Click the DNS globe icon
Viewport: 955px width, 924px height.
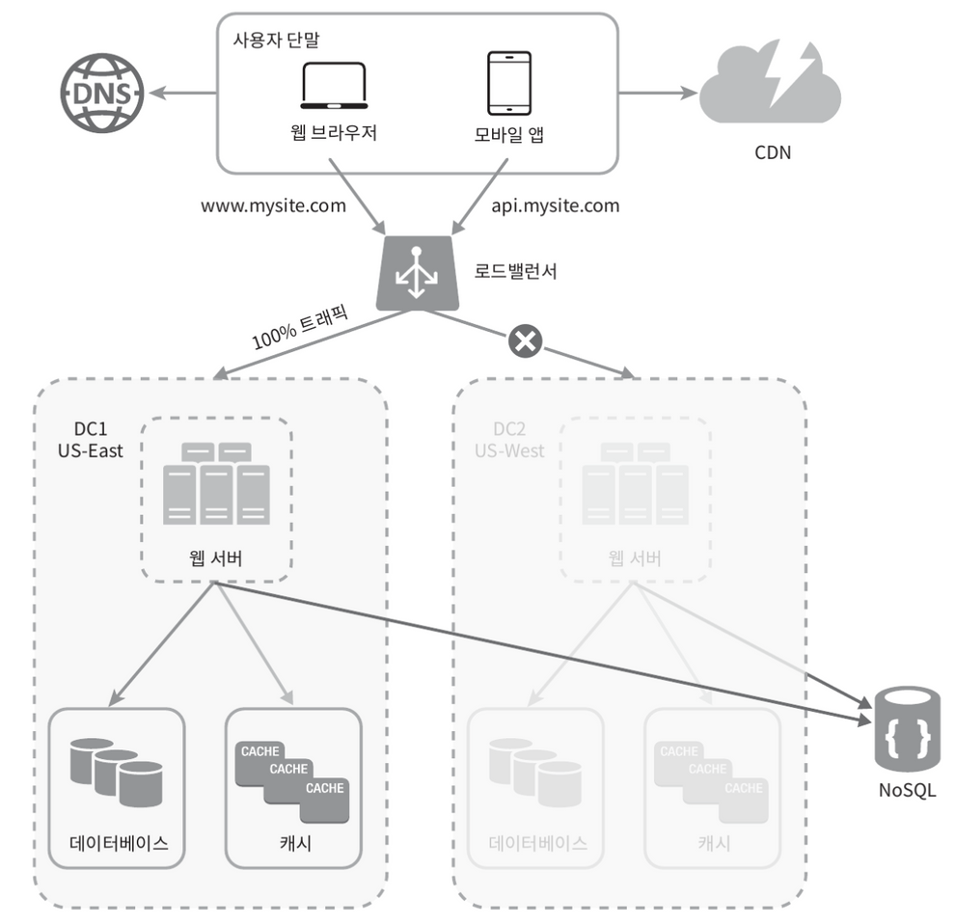[102, 93]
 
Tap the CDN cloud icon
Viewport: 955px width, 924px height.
[771, 84]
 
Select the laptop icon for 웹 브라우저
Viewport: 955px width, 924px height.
[334, 86]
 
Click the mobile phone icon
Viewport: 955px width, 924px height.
[509, 84]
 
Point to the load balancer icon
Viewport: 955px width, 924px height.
[417, 274]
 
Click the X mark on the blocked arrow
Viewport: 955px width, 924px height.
[525, 340]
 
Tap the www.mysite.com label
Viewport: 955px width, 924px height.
[273, 205]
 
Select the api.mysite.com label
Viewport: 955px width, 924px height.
[556, 205]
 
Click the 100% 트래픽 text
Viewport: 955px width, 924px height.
[300, 327]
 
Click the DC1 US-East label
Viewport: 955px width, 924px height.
[90, 440]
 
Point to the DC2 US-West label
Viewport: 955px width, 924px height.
[509, 440]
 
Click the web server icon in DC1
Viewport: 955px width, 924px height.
[216, 483]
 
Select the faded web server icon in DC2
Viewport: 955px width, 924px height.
[636, 483]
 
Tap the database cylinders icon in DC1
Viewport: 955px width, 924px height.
[117, 773]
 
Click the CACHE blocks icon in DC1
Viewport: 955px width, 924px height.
[292, 782]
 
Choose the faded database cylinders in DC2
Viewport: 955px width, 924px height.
[535, 773]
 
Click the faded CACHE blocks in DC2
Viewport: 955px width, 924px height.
[711, 782]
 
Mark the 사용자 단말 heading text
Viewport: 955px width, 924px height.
[276, 41]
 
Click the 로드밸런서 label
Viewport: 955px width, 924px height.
[515, 271]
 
